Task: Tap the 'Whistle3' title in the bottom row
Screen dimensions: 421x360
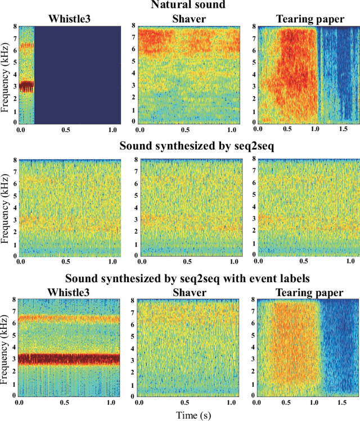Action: pos(70,292)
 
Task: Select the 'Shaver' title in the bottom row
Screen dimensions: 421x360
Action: pos(191,292)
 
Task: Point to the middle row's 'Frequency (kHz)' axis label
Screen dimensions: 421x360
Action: pos(6,208)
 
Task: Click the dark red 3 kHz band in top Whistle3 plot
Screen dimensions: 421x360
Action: pos(26,86)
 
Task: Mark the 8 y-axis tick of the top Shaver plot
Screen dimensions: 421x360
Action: pos(133,26)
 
